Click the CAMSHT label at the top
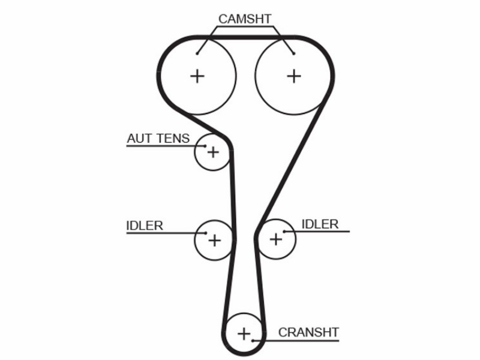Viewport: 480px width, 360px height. (x=245, y=19)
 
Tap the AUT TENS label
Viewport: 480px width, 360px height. (x=158, y=139)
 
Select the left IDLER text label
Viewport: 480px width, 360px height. (x=145, y=226)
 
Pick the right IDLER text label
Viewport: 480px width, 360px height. (x=320, y=224)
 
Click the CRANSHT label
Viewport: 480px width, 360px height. (x=308, y=332)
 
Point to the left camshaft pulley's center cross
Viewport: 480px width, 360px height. (x=197, y=76)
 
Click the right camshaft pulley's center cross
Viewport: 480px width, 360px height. (x=294, y=76)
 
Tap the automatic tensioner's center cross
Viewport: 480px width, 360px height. (x=214, y=152)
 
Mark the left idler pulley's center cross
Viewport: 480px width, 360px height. (x=215, y=241)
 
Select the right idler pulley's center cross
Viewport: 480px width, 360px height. (x=276, y=239)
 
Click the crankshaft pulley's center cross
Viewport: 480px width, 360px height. (x=244, y=334)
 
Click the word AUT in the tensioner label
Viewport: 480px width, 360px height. (x=138, y=139)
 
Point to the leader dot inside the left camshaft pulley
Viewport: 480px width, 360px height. (x=197, y=53)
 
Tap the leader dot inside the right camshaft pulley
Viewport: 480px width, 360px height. (x=294, y=53)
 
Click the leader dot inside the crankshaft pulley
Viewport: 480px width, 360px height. (x=253, y=340)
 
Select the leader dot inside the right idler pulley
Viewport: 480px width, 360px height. (x=284, y=232)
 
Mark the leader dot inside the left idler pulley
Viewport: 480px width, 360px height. (x=206, y=233)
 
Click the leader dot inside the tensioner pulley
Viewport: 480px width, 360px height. (x=205, y=146)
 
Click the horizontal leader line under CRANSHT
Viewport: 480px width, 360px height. (x=296, y=340)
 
